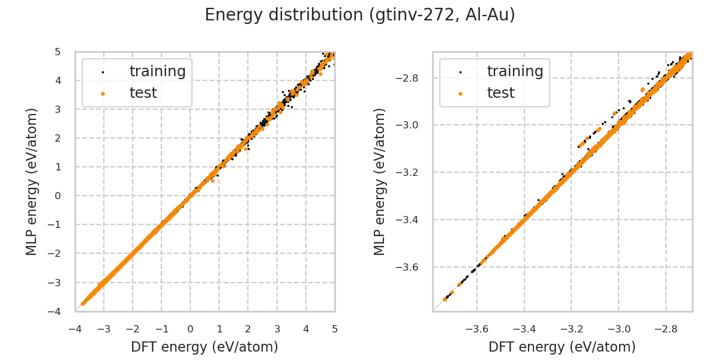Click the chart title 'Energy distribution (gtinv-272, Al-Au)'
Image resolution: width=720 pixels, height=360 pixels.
(360, 15)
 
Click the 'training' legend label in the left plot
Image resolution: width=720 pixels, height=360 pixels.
(157, 71)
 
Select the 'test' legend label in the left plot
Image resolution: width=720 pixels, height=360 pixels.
(143, 93)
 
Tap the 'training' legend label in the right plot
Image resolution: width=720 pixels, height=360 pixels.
(515, 71)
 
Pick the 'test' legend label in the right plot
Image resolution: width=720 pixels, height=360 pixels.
(500, 93)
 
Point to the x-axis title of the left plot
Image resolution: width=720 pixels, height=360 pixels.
(205, 347)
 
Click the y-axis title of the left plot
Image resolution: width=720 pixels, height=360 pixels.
(32, 181)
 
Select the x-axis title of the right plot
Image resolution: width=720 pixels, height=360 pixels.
(562, 347)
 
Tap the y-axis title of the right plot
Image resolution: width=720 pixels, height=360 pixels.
(380, 181)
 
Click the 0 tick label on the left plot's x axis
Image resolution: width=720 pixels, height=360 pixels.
(191, 329)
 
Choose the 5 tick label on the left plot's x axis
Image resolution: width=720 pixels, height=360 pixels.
(335, 329)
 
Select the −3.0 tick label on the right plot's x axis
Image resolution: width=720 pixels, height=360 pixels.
(619, 329)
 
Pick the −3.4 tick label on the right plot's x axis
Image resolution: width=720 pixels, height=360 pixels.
(524, 329)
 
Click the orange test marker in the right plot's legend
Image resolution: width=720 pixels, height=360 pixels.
(460, 94)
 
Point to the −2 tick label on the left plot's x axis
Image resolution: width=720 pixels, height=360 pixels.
(133, 329)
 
